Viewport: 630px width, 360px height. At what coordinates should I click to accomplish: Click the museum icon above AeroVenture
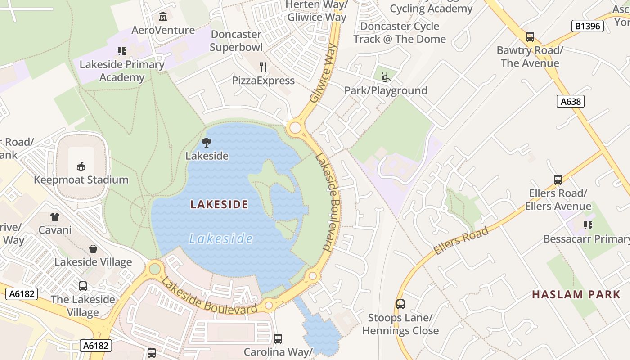(162, 17)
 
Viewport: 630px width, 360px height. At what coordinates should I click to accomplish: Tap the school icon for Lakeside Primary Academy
(122, 51)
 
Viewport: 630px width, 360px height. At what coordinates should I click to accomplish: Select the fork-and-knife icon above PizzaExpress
(263, 67)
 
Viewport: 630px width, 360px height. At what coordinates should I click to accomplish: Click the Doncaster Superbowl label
(236, 40)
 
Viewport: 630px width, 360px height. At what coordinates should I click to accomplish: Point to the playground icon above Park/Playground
(385, 77)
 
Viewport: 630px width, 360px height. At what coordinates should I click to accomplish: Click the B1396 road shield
(588, 26)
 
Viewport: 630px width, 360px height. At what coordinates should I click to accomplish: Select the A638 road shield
(570, 101)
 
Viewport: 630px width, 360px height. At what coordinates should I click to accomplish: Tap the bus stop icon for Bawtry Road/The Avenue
(530, 37)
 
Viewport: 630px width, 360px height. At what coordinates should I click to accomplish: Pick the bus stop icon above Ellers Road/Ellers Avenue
(558, 180)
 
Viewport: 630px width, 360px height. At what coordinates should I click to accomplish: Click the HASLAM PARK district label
(576, 295)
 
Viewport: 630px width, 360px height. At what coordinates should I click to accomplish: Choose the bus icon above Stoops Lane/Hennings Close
(400, 304)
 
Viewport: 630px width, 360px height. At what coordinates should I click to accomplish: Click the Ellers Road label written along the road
(461, 241)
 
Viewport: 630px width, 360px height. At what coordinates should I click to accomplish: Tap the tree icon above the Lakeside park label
(207, 143)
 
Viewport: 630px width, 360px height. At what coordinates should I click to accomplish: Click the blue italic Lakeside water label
(220, 238)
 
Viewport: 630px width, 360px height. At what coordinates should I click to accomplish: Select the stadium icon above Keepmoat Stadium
(81, 166)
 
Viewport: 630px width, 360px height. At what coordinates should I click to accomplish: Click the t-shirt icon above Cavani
(55, 217)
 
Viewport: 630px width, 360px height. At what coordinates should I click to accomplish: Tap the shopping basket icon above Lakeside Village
(93, 249)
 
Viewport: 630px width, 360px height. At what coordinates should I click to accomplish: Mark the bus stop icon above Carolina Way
(278, 338)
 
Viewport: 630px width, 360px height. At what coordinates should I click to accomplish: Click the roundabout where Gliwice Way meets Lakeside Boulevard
(295, 128)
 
